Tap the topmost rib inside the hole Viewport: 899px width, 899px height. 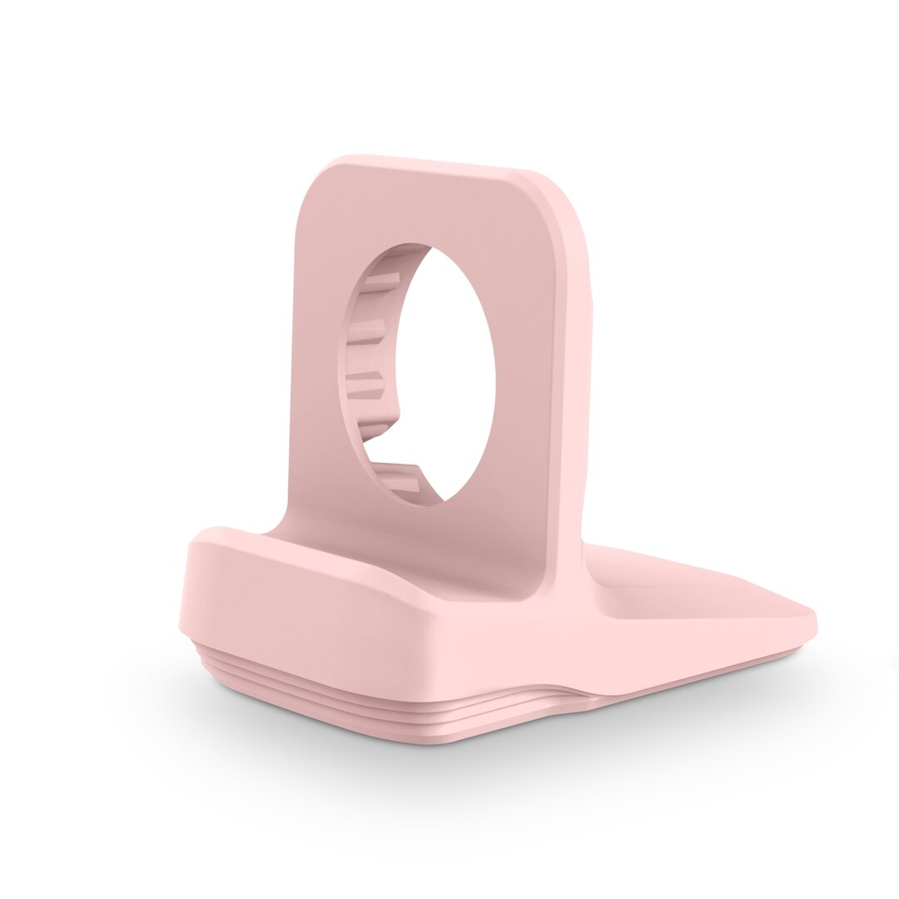pyautogui.click(x=381, y=281)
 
